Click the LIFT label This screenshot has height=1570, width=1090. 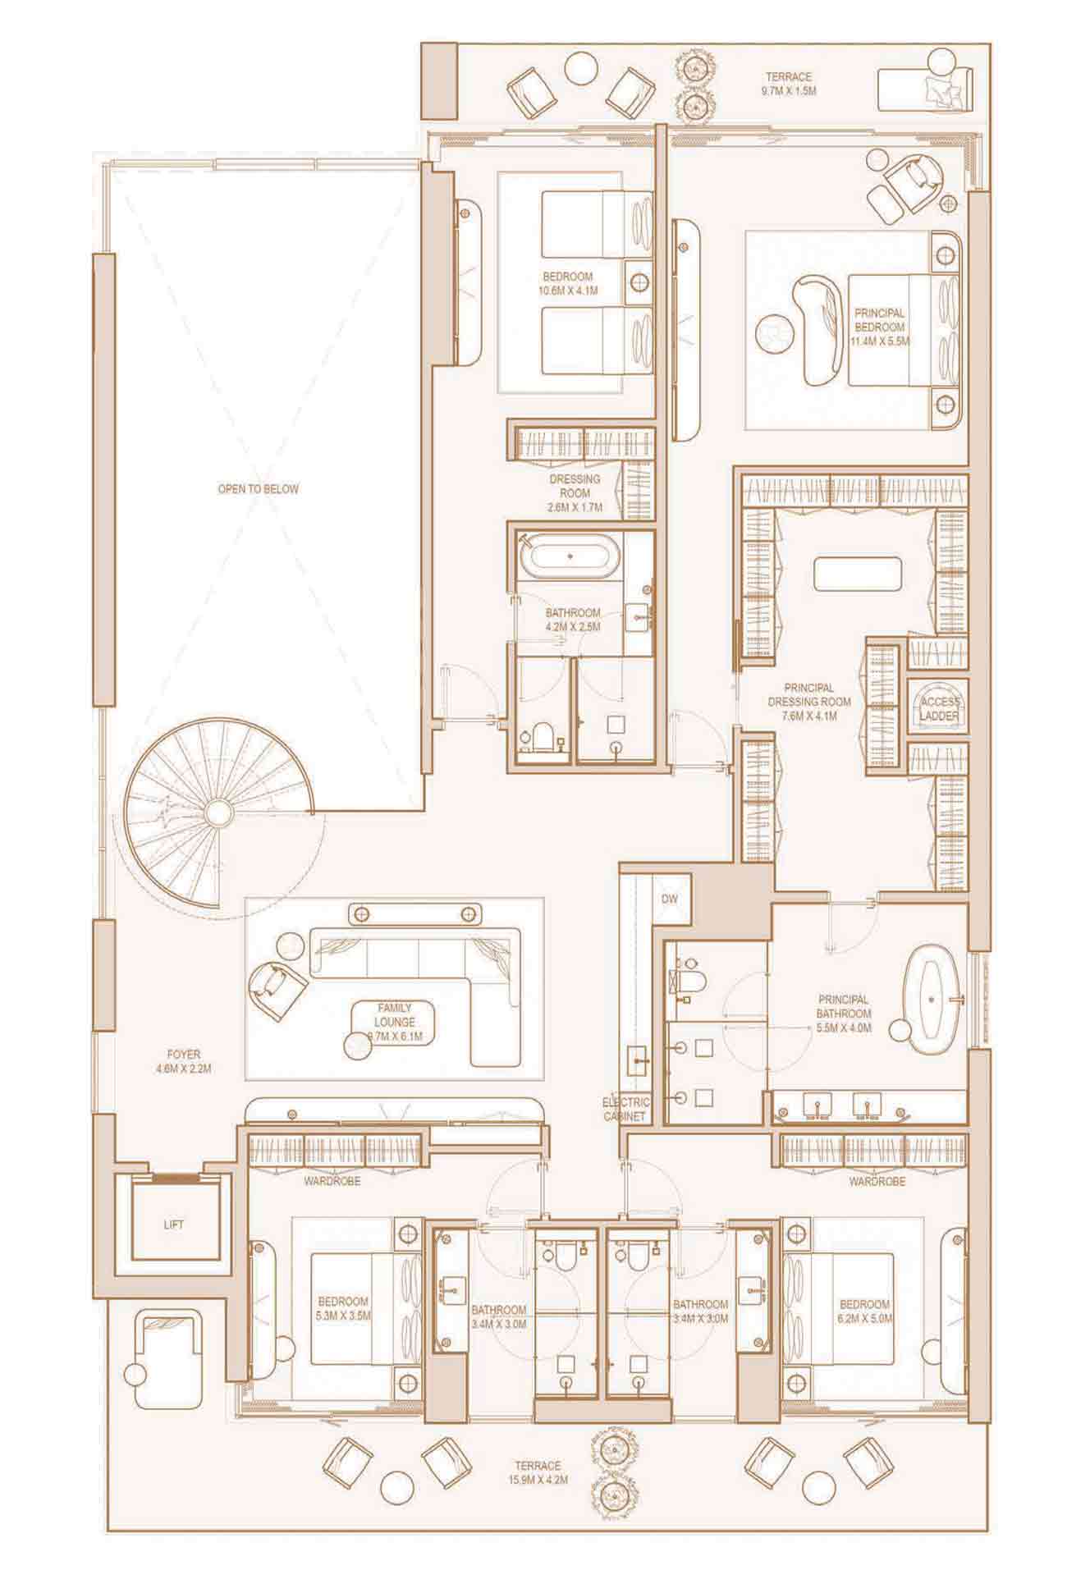click(174, 1224)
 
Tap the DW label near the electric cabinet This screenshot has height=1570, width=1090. click(671, 899)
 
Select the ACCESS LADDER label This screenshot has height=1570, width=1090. click(940, 709)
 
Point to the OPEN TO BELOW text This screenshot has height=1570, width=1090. click(259, 489)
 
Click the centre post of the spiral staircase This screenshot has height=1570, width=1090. click(218, 812)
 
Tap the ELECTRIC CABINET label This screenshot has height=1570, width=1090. click(626, 1110)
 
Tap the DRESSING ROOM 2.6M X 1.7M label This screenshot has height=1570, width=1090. click(575, 493)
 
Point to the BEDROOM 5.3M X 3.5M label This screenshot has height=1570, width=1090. click(343, 1308)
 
